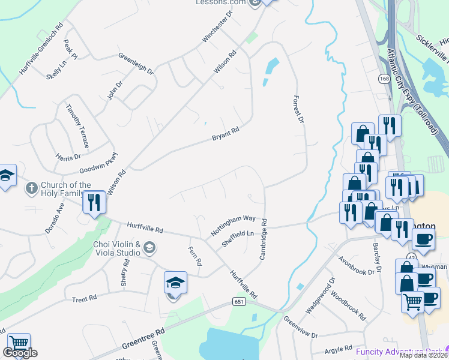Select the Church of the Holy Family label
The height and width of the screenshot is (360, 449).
[66, 189]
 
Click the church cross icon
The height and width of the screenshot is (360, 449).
[31, 189]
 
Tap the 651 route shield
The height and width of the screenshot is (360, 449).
[239, 304]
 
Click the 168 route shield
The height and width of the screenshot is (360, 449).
[384, 79]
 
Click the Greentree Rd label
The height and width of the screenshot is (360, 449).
[143, 338]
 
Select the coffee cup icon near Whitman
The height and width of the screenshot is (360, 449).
[424, 239]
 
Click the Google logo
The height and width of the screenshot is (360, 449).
[20, 353]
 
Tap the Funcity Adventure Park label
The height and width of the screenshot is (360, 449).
[399, 351]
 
